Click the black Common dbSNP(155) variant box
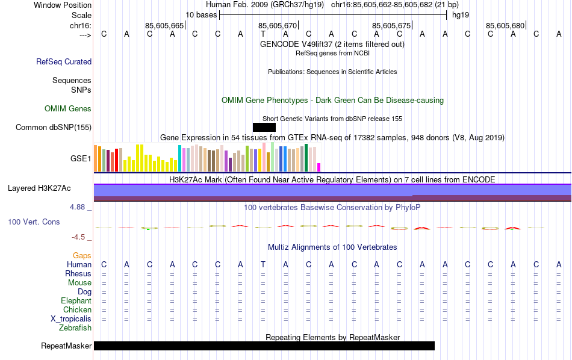[x=264, y=127]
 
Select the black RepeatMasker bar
[x=264, y=346]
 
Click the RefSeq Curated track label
[x=64, y=61]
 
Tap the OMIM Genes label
[x=68, y=109]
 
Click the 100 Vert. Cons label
[x=34, y=222]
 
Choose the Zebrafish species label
[x=75, y=328]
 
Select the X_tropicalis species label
[x=71, y=319]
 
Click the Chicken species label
[x=77, y=310]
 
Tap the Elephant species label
[x=76, y=301]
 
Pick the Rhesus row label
[x=78, y=274]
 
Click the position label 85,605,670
[x=278, y=25]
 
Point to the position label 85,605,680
[x=505, y=25]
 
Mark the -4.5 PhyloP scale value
[x=81, y=237]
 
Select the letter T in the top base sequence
[x=263, y=34]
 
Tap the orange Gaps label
[x=82, y=256]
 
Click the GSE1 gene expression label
[x=81, y=159]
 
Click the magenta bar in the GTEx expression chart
[x=319, y=167]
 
